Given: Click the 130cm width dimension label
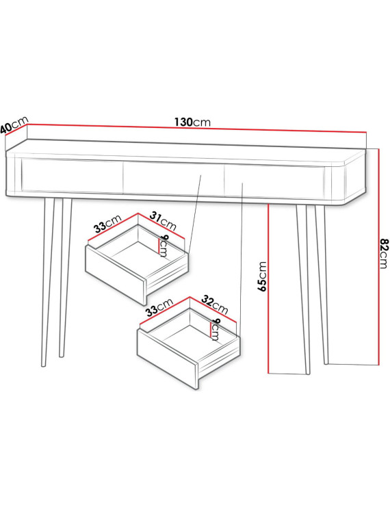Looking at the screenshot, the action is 192,122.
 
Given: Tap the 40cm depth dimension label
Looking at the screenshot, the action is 14,125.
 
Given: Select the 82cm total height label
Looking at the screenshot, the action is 384,253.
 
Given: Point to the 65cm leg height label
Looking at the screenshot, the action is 262,276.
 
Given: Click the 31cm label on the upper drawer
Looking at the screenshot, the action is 163,221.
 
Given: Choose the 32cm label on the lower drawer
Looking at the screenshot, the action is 215,305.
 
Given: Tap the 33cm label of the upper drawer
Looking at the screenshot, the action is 107,224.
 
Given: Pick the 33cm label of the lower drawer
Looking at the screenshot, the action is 159,307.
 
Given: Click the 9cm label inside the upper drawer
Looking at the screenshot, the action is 164,246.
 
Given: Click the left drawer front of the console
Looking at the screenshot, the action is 72,176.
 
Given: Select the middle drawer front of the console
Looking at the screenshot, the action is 173,179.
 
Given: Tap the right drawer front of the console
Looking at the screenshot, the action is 274,182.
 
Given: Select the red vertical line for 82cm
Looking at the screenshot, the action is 378,257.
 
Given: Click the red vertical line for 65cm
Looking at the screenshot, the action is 268,289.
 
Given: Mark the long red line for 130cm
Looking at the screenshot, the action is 196,128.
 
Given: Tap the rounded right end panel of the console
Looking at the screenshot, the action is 355,177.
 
